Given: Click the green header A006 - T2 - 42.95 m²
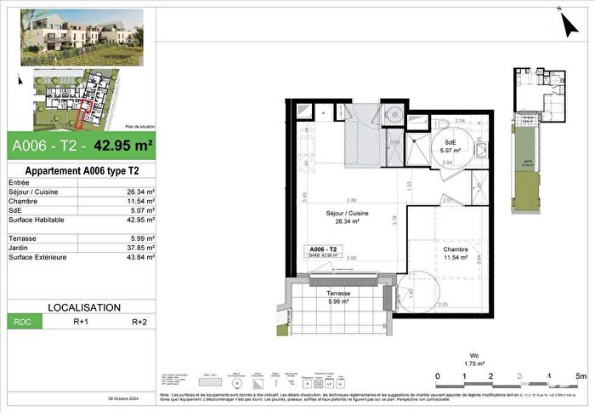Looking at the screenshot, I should pyautogui.click(x=82, y=146).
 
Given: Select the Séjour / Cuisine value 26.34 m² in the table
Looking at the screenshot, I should pyautogui.click(x=139, y=192).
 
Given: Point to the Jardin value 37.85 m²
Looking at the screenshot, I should pyautogui.click(x=139, y=248).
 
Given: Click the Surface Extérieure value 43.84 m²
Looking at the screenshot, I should pyautogui.click(x=139, y=257).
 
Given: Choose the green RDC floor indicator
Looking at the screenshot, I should pyautogui.click(x=20, y=323).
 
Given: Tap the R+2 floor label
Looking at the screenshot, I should pyautogui.click(x=139, y=323).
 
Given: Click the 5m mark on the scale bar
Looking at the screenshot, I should pyautogui.click(x=580, y=375).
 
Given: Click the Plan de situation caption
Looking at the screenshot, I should pyautogui.click(x=139, y=123).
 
